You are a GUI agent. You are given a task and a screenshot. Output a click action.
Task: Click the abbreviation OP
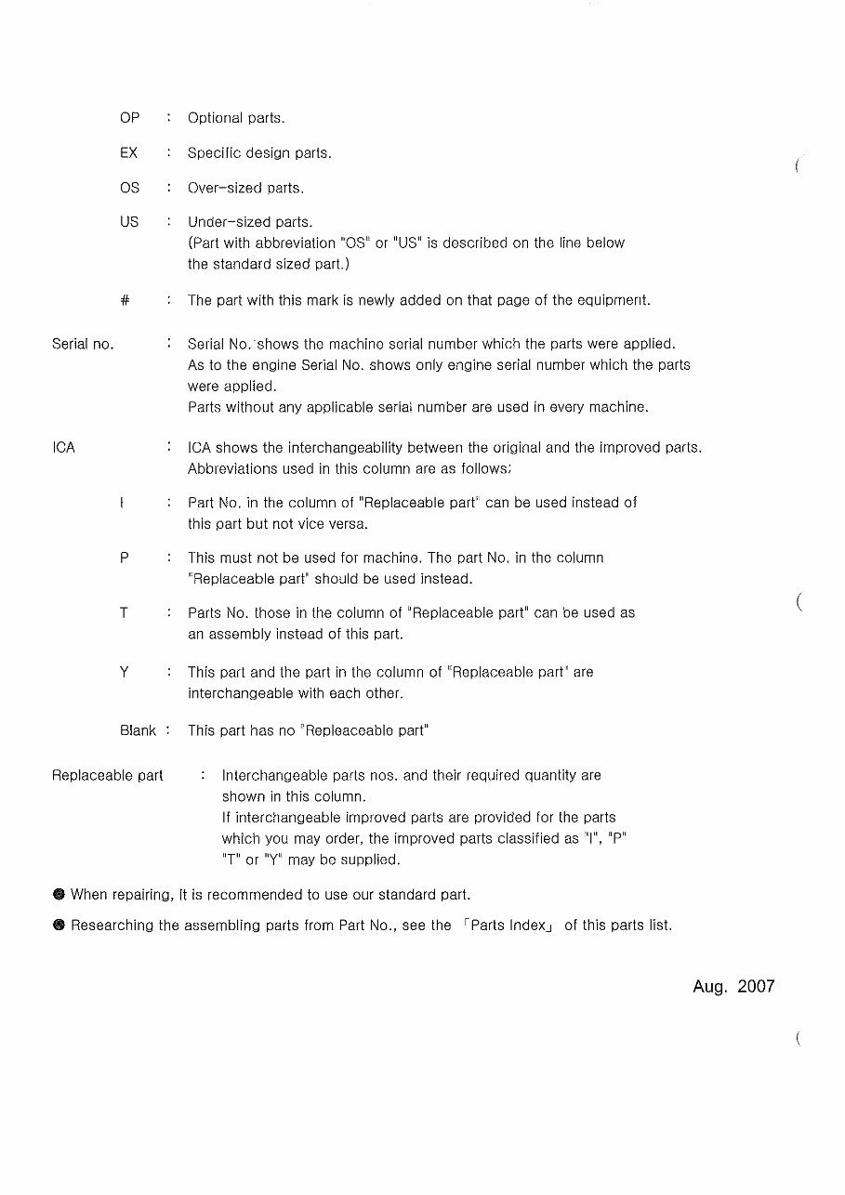click(x=129, y=118)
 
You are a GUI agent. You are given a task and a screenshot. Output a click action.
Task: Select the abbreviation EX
click(x=129, y=152)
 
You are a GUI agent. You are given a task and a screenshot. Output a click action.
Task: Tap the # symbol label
click(x=125, y=301)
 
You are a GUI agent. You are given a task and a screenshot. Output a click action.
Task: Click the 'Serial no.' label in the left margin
click(x=83, y=345)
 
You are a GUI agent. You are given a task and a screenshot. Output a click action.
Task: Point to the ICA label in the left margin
click(x=64, y=448)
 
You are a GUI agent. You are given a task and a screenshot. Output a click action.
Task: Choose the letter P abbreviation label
click(x=124, y=558)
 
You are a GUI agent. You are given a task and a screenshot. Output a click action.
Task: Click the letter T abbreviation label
click(x=124, y=613)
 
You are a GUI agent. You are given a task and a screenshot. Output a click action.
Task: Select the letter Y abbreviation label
click(x=124, y=672)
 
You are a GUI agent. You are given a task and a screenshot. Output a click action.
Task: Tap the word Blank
click(x=138, y=730)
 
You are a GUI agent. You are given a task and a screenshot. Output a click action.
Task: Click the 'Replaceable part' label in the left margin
click(x=107, y=775)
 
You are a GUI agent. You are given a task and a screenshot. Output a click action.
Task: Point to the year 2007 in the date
click(x=756, y=987)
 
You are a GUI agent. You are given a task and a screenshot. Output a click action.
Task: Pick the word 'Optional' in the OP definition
click(x=216, y=119)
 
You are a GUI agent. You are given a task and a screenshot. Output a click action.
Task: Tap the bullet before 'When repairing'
click(x=59, y=895)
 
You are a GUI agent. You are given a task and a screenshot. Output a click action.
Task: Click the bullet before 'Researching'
click(x=59, y=926)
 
